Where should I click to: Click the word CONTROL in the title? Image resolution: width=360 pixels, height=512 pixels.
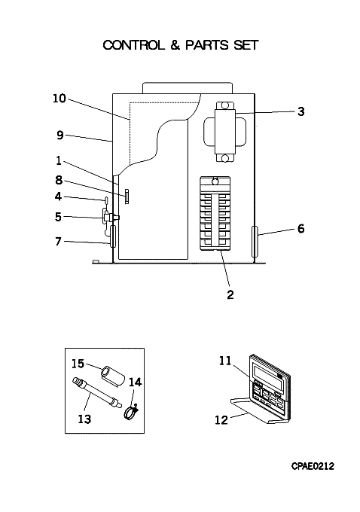click(x=133, y=45)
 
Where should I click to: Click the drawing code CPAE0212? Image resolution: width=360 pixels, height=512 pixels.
click(x=313, y=466)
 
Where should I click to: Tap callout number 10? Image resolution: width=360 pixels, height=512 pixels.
click(x=59, y=99)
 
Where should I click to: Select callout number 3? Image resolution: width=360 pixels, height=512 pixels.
click(x=301, y=111)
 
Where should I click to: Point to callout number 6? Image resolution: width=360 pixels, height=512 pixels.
click(x=301, y=229)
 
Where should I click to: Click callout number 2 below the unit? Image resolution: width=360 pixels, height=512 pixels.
click(x=230, y=294)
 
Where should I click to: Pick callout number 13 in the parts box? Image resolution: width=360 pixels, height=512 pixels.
click(x=84, y=419)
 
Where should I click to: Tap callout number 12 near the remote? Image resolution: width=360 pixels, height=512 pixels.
click(x=221, y=420)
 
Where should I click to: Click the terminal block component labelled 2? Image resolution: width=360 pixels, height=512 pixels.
click(x=215, y=214)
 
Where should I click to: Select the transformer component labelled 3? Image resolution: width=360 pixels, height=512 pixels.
click(x=224, y=132)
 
